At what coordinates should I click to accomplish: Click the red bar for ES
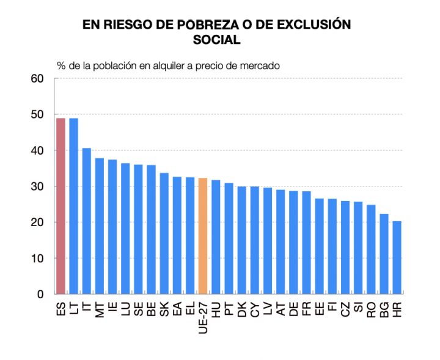[x=61, y=206]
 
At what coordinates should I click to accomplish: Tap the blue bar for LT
[x=73, y=206]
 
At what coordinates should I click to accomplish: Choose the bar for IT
[x=86, y=221]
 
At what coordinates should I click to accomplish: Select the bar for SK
[x=164, y=233]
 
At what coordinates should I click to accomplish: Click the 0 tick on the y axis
[x=41, y=295]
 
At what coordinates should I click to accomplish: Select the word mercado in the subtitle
[x=260, y=65]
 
